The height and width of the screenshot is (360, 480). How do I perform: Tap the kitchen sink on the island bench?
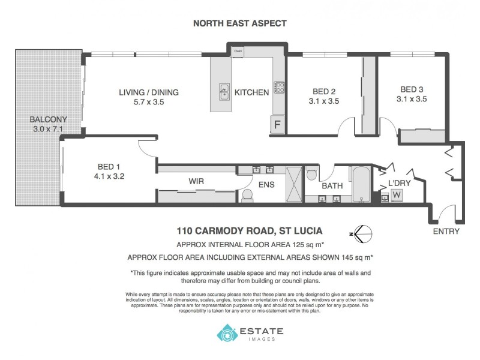coord(224,92)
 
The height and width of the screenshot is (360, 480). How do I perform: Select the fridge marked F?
coord(277,125)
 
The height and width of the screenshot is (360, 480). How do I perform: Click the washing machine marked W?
coord(396,195)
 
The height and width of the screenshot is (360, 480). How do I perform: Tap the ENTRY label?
coord(446,231)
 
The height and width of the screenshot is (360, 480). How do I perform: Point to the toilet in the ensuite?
coord(247,195)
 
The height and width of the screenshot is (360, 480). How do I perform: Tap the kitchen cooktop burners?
coord(279,88)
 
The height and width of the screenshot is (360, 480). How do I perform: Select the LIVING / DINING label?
coord(149,92)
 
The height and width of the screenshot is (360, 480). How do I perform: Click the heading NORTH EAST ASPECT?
coord(239,23)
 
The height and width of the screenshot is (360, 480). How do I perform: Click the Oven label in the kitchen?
coord(238,51)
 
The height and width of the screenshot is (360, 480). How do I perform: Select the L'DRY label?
coord(398,182)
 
